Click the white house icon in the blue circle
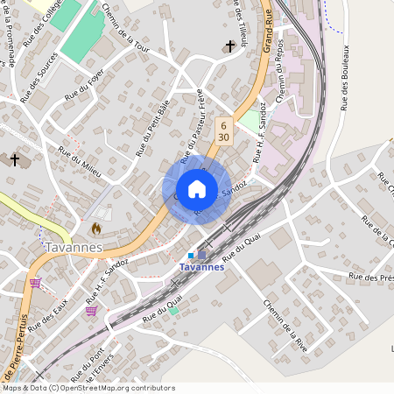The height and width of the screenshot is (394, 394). click(197, 189)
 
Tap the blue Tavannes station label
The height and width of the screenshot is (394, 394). click(201, 267)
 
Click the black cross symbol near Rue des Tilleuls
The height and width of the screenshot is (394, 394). click(230, 46)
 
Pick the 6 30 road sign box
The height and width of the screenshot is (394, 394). click(224, 130)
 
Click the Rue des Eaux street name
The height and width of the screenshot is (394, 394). click(47, 317)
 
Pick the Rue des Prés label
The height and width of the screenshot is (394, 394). click(369, 278)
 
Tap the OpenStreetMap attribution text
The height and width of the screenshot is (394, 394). click(88, 388)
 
